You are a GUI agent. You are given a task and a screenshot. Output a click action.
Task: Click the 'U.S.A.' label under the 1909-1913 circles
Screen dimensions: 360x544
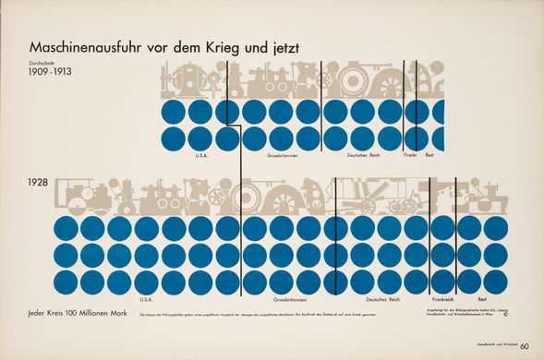pos(202,155)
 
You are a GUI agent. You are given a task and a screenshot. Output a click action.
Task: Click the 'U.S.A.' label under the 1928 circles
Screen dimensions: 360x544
pos(146,300)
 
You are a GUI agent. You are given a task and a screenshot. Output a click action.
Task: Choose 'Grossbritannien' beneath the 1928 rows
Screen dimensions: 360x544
pos(288,300)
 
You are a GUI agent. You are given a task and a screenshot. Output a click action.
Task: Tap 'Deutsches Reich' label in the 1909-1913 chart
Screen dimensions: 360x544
pos(364,155)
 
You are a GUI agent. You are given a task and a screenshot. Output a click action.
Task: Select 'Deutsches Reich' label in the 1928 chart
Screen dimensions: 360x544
pos(382,300)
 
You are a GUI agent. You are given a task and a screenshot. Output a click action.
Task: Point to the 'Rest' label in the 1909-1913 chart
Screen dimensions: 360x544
pos(429,155)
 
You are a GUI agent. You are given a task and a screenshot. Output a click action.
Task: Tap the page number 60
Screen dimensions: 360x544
pos(525,347)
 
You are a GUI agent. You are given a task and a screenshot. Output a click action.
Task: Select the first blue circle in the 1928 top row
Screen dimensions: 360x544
pos(66,228)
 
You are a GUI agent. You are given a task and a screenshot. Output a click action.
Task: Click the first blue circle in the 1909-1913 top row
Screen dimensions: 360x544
pos(174,113)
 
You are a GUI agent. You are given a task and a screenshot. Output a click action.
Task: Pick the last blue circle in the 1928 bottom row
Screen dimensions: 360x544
pos(495,282)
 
